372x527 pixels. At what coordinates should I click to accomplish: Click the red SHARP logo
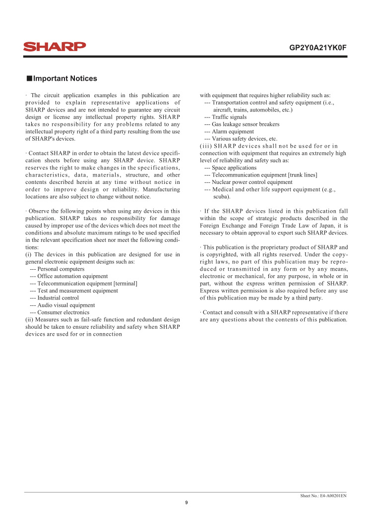pyautogui.click(x=55, y=47)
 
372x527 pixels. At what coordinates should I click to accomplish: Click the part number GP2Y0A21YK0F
pyautogui.click(x=317, y=48)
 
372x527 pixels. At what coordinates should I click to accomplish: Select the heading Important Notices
pyautogui.click(x=65, y=79)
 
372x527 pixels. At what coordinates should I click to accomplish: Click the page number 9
pyautogui.click(x=186, y=503)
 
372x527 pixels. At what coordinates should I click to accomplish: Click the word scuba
pyautogui.click(x=221, y=197)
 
